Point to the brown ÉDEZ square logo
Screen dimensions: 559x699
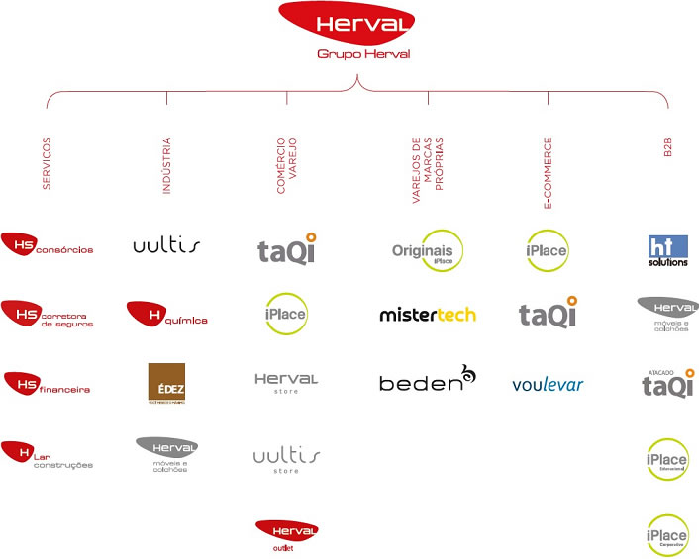166,384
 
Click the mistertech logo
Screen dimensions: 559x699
428,316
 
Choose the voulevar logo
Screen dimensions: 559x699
548,385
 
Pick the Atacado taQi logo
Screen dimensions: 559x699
668,384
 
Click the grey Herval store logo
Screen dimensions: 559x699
286,382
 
